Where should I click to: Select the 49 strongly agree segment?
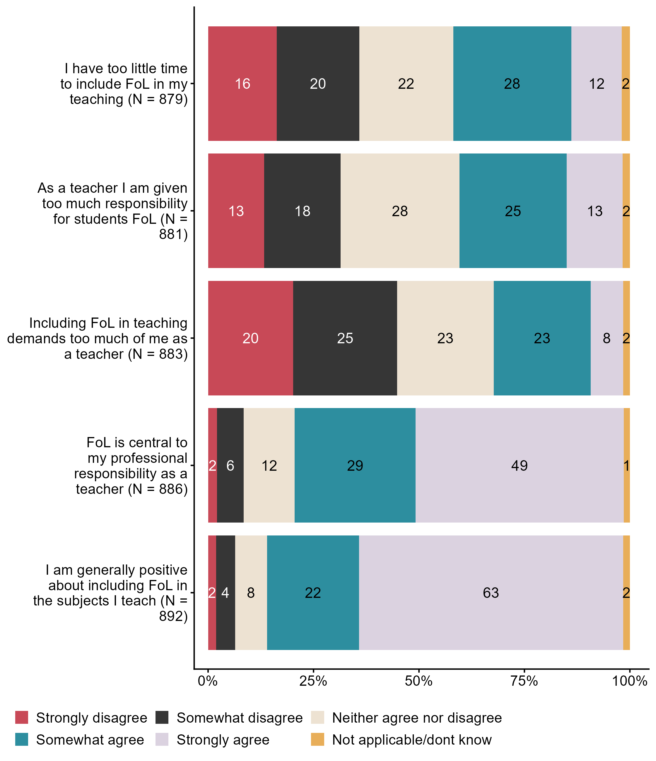[519, 465]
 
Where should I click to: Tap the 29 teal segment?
[355, 465]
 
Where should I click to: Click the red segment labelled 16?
[242, 84]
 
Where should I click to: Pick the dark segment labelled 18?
[302, 211]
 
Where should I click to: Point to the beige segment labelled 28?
[400, 211]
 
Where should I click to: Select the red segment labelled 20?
[250, 338]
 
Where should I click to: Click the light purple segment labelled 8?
[607, 338]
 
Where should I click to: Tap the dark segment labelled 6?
[230, 465]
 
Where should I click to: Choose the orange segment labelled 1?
[627, 465]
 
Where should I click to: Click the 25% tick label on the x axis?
[313, 681]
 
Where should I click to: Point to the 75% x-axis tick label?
[524, 681]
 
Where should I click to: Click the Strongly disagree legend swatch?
[22, 717]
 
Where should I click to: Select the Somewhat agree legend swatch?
[22, 739]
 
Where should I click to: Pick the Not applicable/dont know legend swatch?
[317, 739]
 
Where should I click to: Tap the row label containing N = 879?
[124, 84]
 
